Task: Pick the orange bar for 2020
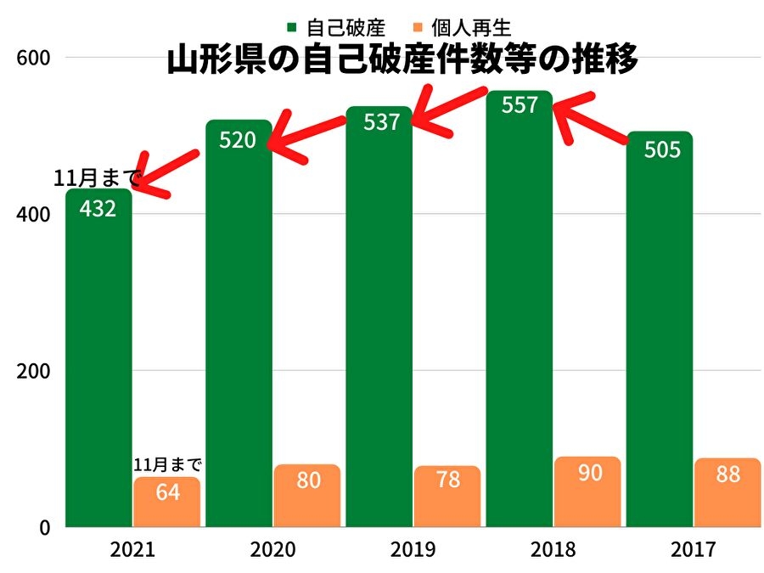(306, 497)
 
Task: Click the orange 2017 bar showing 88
(727, 493)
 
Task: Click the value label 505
(662, 149)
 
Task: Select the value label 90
(587, 473)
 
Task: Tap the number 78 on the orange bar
(447, 480)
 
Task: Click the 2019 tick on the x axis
(413, 550)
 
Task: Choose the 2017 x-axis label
(693, 550)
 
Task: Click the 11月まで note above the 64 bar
(168, 465)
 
